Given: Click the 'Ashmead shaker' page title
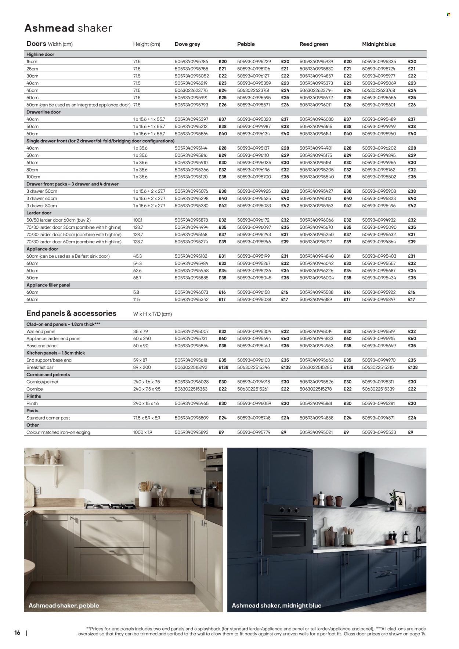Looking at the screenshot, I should (x=68, y=28).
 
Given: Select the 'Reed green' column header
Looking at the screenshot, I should (x=314, y=44).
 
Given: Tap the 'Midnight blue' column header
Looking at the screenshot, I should (x=379, y=44).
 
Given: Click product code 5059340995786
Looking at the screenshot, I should (x=191, y=62).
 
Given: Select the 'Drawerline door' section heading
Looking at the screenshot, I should (x=43, y=112).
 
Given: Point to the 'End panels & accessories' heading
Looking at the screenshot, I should (x=71, y=313).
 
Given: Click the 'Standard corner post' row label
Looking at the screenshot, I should (x=48, y=418).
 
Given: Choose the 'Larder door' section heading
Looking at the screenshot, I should (x=39, y=213).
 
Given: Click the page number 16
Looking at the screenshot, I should (x=17, y=632).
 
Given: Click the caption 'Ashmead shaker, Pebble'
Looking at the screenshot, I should (x=64, y=605).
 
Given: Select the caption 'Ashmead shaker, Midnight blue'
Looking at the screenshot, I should (x=277, y=606).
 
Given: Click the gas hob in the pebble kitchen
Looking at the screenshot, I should (x=112, y=507).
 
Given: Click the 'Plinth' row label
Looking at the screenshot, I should (x=32, y=403).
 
